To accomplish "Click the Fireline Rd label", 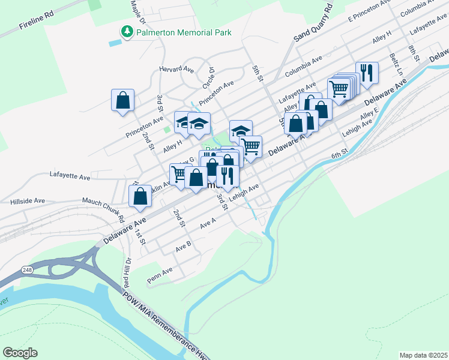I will pyautogui.click(x=37, y=23).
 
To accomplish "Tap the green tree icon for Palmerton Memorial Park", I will pyautogui.click(x=127, y=32).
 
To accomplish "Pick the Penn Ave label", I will pyautogui.click(x=160, y=271).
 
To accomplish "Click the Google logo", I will pyautogui.click(x=20, y=352).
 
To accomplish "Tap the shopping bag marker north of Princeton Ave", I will pyautogui.click(x=122, y=100).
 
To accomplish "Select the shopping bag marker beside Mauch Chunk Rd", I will pyautogui.click(x=140, y=196).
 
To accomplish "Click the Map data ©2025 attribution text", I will pyautogui.click(x=423, y=355).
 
